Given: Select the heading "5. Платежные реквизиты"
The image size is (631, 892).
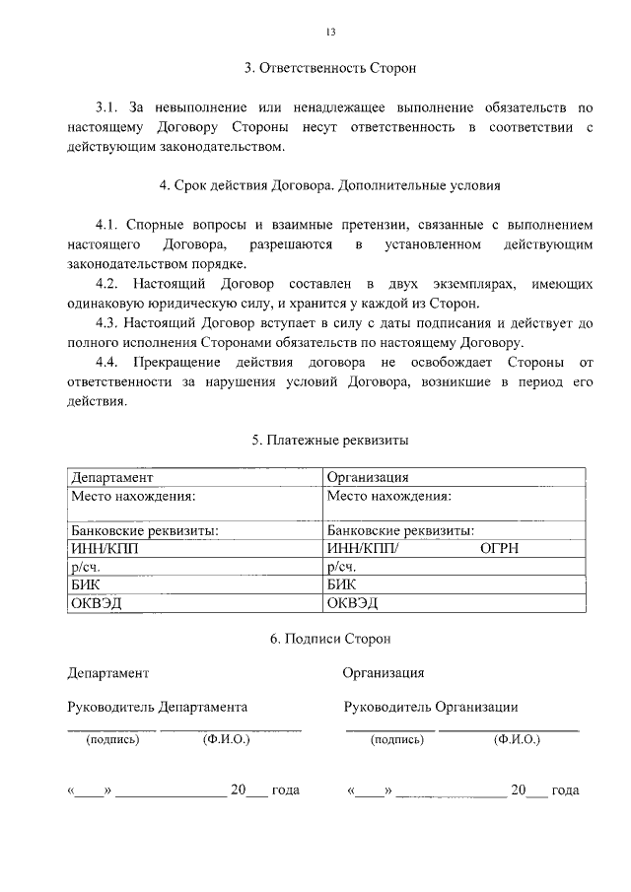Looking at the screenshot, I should [x=330, y=440].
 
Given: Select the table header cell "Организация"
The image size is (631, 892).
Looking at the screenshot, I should [x=368, y=478].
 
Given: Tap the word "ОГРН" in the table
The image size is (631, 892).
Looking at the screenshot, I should [x=500, y=549].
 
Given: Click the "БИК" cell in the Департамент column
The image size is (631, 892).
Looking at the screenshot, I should [x=85, y=584].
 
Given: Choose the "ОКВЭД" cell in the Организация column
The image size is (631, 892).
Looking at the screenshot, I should [x=353, y=602].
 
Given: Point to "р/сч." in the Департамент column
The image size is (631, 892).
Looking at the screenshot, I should [x=85, y=567].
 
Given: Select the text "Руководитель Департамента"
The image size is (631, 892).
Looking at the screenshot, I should [x=157, y=707].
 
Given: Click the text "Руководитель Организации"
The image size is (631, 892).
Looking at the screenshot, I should [x=431, y=707].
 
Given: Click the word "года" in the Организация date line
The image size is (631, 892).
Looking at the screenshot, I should [x=565, y=790].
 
